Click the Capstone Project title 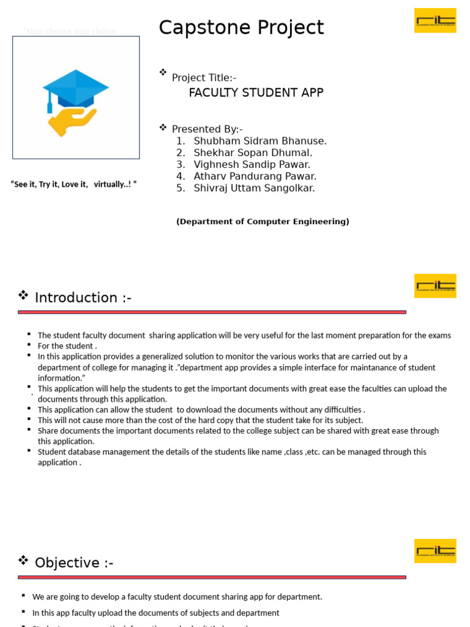(x=241, y=28)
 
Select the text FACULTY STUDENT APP (x=256, y=93)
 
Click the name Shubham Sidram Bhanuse (x=260, y=141)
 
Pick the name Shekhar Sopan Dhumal (x=253, y=153)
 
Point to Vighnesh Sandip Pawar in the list (x=252, y=165)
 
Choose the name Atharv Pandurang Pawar (x=255, y=176)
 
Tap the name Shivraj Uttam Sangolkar (x=254, y=188)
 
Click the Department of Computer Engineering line (x=263, y=222)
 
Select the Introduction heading (x=83, y=298)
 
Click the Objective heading (x=74, y=563)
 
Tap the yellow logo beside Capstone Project (x=435, y=20)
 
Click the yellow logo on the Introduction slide (x=435, y=285)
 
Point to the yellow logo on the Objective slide (x=435, y=550)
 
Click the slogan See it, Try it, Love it (x=74, y=184)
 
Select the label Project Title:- (x=204, y=78)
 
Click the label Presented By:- (x=207, y=129)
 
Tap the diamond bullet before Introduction (x=23, y=296)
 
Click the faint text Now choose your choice (x=69, y=31)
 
